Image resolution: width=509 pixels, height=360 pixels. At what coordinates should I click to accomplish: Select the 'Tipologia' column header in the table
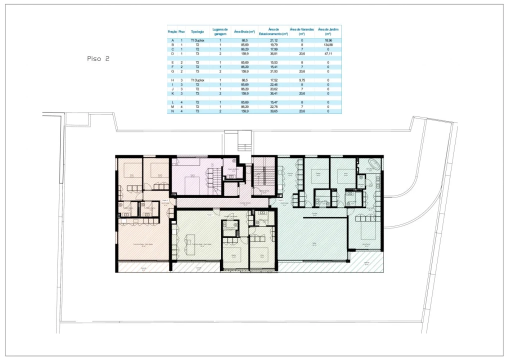point(197,31)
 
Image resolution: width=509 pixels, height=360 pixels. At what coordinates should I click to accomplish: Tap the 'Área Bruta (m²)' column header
point(244,31)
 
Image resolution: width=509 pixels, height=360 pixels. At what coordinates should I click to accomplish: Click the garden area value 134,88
point(328,45)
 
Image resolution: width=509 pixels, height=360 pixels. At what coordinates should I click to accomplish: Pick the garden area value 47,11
point(328,53)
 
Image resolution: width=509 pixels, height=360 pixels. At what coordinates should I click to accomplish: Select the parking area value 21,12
point(273,40)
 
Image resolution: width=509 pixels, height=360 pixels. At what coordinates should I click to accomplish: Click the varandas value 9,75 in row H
point(302,80)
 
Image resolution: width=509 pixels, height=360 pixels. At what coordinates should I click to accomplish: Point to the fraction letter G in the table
point(172,71)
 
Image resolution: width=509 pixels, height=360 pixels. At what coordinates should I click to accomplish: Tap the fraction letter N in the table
point(172,111)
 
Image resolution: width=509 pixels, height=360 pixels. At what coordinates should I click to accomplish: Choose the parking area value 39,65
point(273,111)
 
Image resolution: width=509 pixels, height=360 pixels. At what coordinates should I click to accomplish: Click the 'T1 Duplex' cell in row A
point(197,40)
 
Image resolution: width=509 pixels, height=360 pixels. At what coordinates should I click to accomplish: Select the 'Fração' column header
point(172,31)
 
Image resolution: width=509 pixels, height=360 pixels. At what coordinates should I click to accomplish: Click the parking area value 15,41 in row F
point(273,66)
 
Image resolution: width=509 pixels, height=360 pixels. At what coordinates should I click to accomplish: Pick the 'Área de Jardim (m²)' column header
point(328,31)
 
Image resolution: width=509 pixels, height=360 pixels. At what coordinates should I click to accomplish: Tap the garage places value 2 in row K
point(220,93)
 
